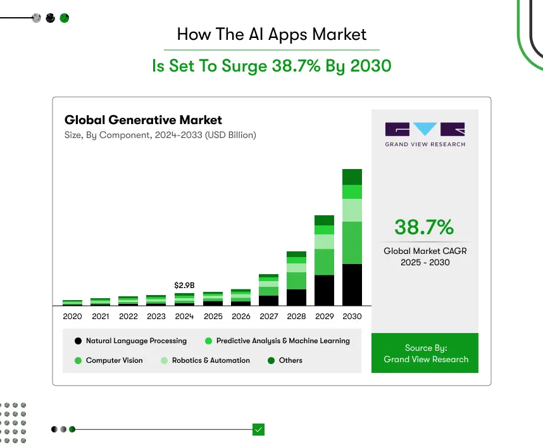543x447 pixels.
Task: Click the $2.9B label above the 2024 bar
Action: (184, 286)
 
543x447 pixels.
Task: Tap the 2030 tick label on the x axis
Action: (352, 317)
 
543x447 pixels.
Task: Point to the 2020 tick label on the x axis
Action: (72, 317)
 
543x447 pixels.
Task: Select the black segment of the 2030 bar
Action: (352, 285)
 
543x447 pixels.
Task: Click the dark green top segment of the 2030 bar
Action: (352, 177)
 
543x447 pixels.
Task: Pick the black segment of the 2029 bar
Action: (324, 291)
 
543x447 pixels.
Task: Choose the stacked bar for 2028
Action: (296, 279)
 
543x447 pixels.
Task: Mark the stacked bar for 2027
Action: (268, 290)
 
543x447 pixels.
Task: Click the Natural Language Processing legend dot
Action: (78, 341)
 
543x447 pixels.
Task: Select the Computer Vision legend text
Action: (114, 360)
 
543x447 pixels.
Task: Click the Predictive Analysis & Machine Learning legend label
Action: (282, 341)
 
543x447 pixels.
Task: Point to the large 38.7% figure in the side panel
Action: (424, 227)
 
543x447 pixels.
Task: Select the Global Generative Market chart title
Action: (143, 120)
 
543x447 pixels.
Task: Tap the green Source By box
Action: (425, 353)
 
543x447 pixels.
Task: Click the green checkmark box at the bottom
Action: (258, 429)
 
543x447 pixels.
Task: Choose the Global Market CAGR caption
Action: (425, 256)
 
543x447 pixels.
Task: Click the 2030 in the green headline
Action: (368, 66)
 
